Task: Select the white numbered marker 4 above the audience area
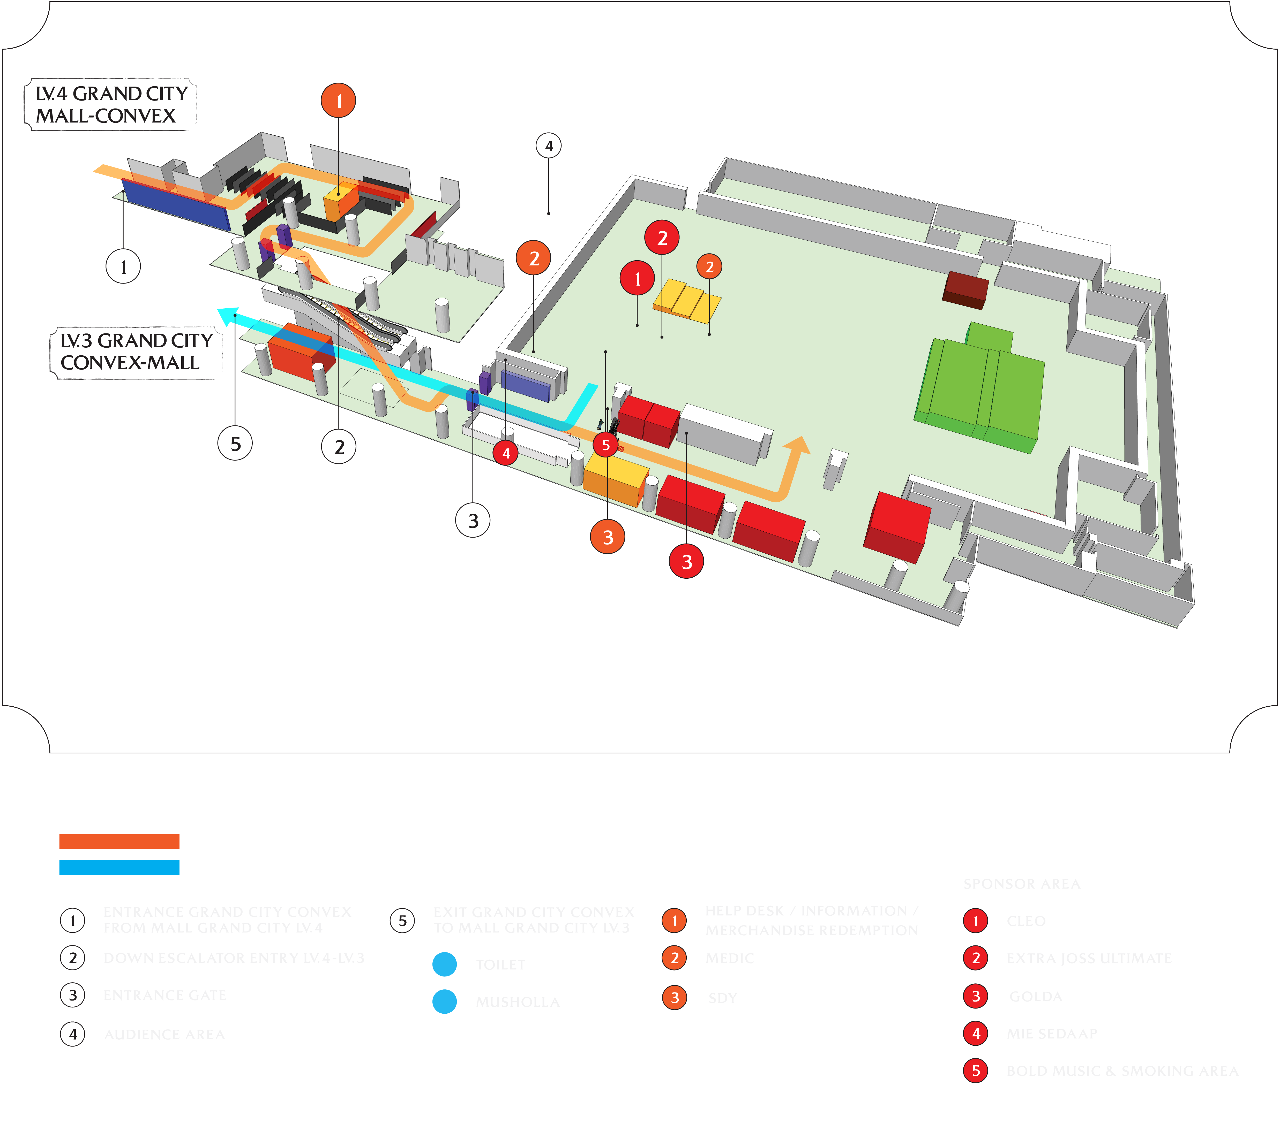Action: point(549,146)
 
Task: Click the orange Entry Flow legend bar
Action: point(119,841)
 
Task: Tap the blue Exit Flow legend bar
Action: point(119,867)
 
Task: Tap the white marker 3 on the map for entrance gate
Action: point(473,520)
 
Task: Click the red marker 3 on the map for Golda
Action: point(686,561)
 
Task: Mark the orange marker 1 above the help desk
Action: point(338,100)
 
